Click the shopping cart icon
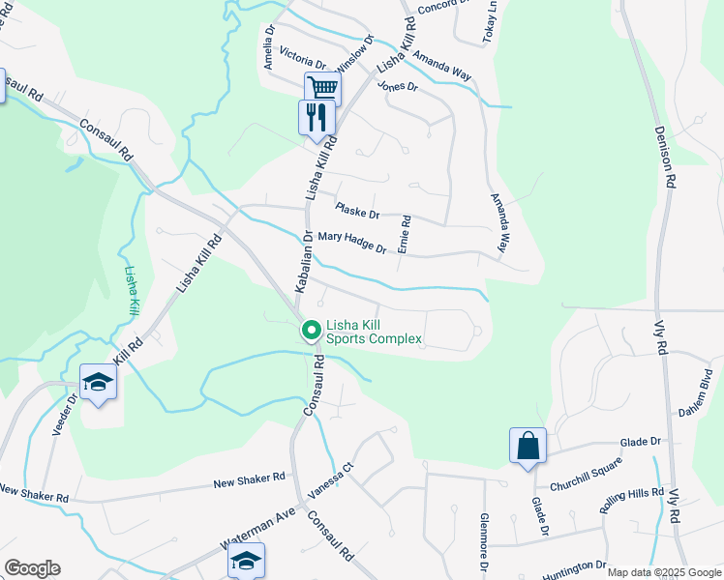pos(323,88)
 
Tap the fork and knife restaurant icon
pos(316,118)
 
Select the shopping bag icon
pos(528,446)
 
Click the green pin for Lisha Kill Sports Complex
pos(312,331)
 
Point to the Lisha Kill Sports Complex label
pos(374,332)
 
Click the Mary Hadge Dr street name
pos(352,243)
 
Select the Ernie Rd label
pos(406,235)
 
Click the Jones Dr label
pos(397,86)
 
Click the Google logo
pos(32,567)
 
